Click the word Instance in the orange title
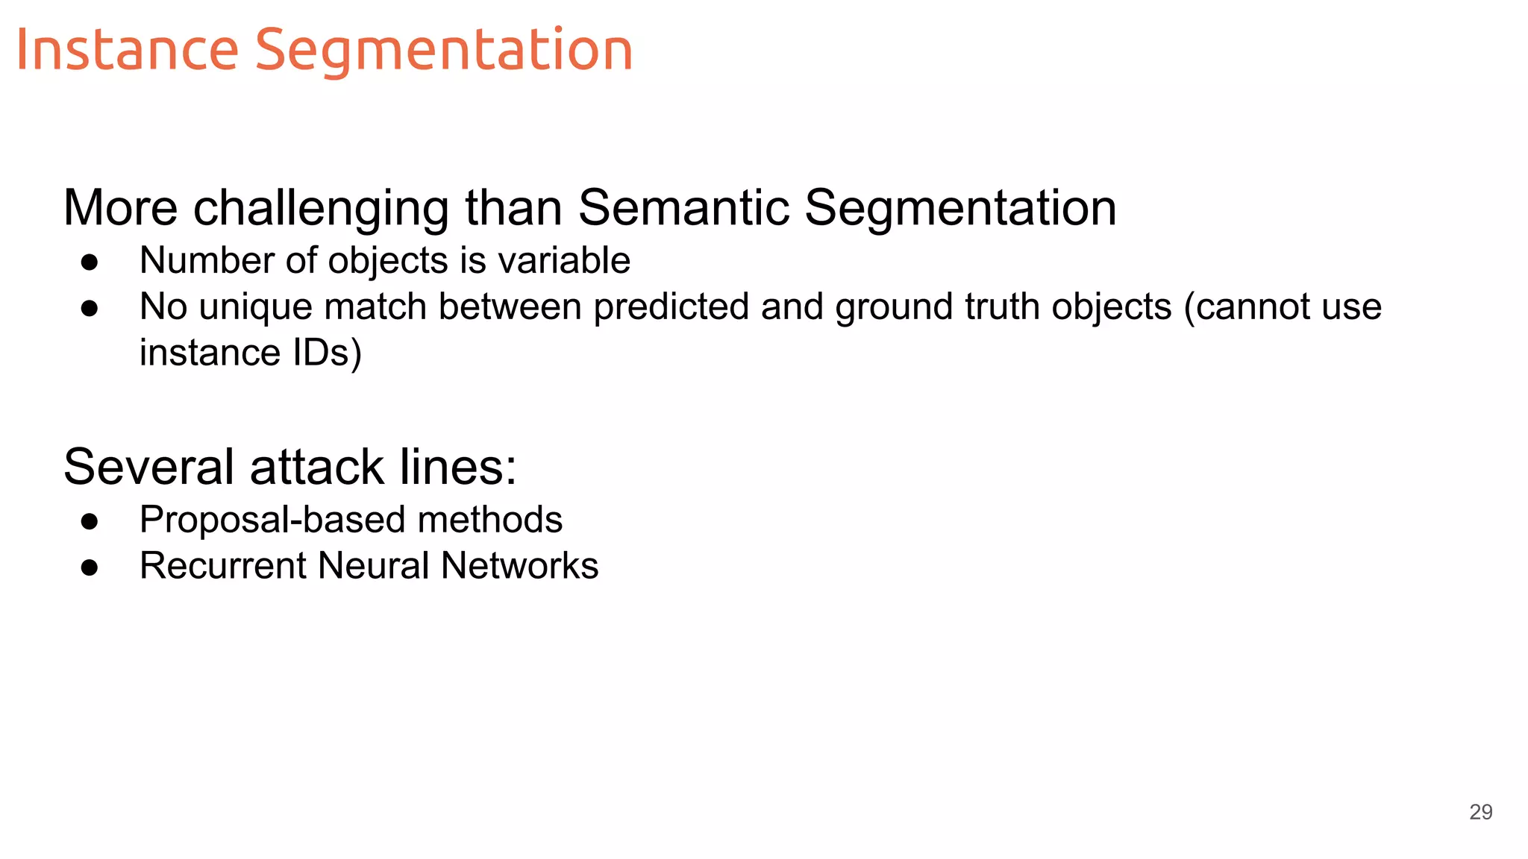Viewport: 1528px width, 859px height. tap(127, 50)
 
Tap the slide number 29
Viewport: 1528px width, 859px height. tap(1480, 812)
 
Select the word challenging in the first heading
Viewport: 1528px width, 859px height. tap(321, 208)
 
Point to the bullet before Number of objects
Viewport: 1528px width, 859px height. tap(90, 262)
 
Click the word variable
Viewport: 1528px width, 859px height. tap(564, 261)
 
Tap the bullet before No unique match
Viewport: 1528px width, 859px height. tap(90, 308)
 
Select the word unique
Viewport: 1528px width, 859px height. tap(255, 308)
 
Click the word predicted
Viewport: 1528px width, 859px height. tap(671, 307)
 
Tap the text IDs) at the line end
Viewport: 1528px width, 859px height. tap(327, 353)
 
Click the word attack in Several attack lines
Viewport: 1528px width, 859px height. tap(316, 468)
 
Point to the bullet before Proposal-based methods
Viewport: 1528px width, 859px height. tap(90, 521)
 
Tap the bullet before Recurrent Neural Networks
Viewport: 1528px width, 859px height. tap(90, 567)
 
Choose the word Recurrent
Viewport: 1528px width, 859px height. tap(222, 566)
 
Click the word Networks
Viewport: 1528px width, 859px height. tap(519, 566)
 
